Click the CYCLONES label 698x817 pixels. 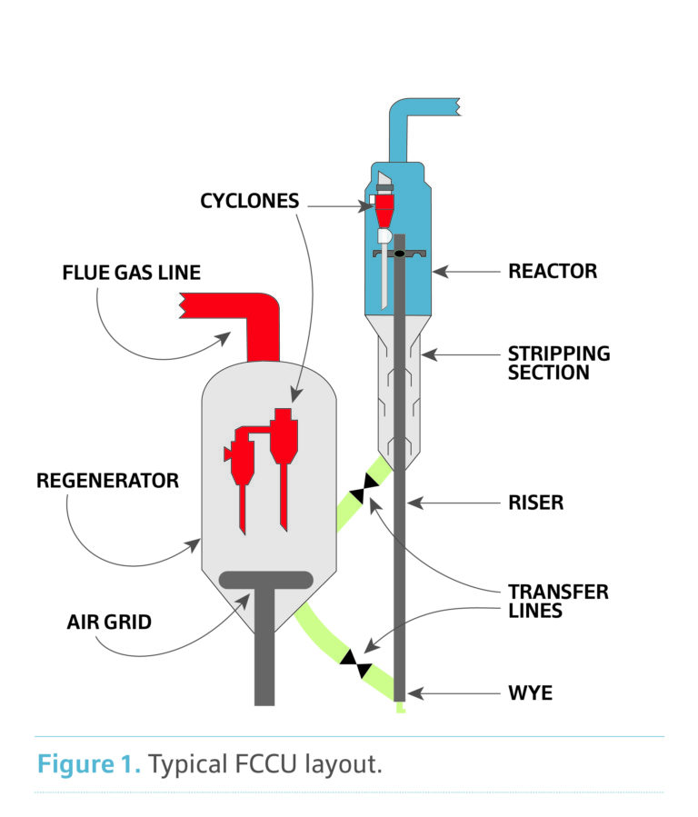(249, 201)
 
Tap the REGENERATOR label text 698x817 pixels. (107, 481)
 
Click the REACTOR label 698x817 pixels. (553, 271)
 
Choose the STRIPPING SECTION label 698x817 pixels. (559, 362)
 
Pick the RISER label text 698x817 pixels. (535, 502)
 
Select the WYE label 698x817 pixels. (529, 694)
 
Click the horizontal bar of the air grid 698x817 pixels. (265, 579)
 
